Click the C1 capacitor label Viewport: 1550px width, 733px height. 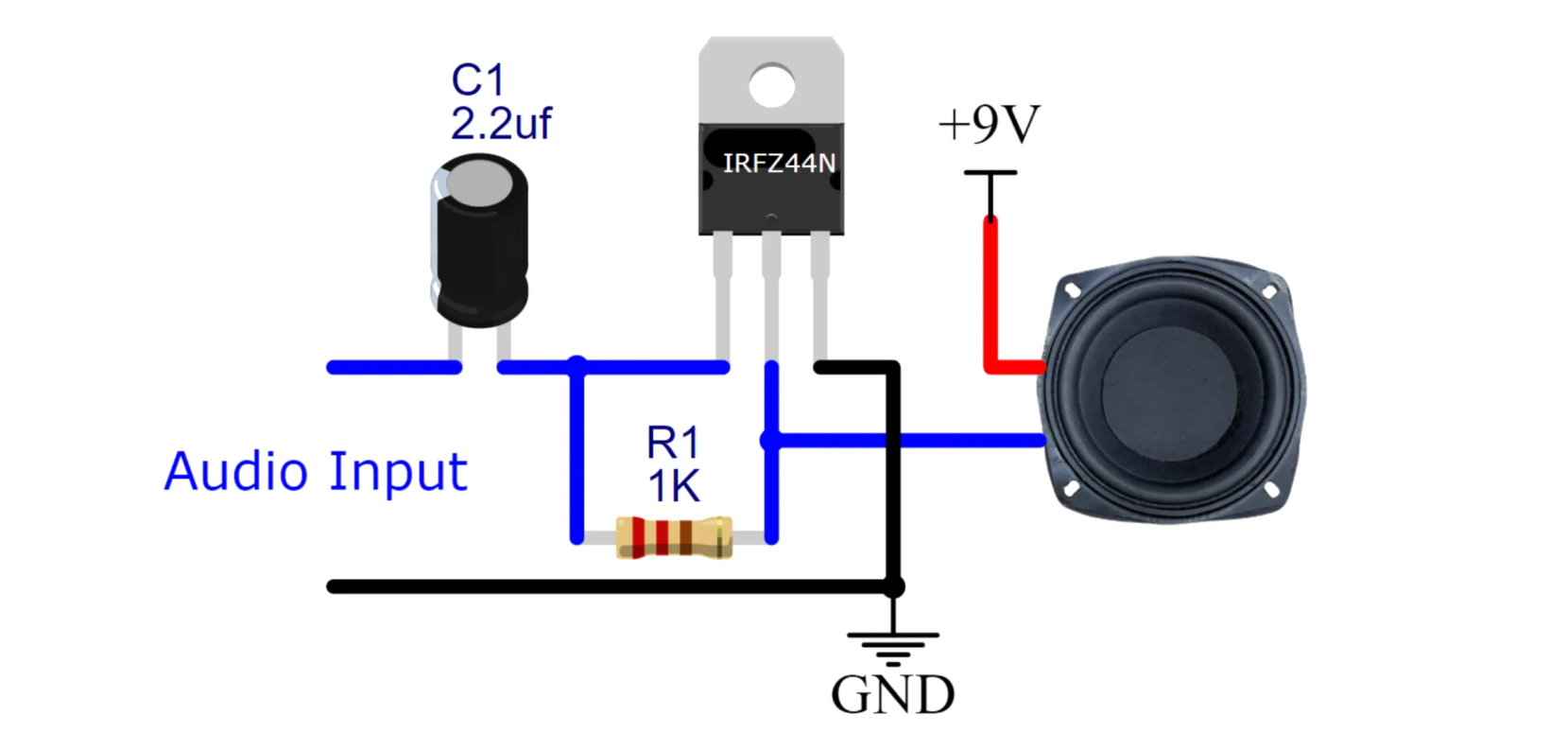point(478,80)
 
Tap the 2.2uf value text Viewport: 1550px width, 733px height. point(501,124)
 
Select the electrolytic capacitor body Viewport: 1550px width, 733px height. point(480,246)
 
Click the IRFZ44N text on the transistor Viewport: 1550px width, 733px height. point(779,164)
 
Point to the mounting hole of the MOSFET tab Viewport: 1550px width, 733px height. point(771,85)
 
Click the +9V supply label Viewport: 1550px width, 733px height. point(989,124)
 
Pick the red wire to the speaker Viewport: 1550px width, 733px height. point(990,303)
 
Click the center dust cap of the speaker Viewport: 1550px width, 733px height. point(1169,389)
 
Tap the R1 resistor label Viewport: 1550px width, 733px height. point(673,442)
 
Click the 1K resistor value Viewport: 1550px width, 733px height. point(674,486)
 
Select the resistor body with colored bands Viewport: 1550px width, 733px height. point(674,537)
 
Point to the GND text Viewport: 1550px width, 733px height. point(892,695)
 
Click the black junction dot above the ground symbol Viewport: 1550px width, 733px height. point(893,587)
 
